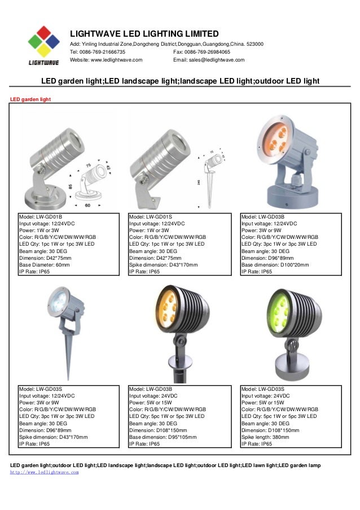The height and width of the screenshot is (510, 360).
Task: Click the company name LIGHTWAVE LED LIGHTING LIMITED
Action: pos(143,34)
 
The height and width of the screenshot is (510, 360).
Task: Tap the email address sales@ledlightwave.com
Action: pos(217,60)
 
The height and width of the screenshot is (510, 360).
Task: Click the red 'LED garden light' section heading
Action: pos(31,99)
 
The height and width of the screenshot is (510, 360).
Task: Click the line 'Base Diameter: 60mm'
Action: pos(45,264)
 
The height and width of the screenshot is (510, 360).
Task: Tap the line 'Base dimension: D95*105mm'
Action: pos(163,437)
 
